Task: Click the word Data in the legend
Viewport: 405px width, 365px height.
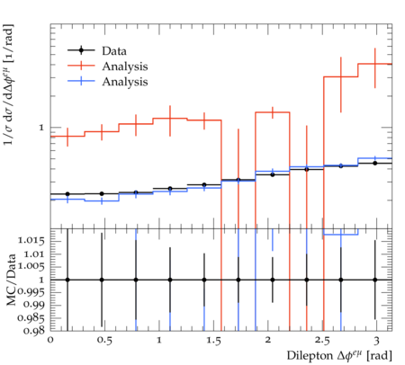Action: click(x=114, y=51)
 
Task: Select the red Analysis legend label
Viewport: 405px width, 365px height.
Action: click(x=125, y=67)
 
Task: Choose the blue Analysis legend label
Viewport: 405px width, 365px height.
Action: click(x=125, y=82)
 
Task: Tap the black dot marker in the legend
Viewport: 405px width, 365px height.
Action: click(x=81, y=50)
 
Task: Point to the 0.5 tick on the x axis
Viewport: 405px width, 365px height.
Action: click(x=104, y=341)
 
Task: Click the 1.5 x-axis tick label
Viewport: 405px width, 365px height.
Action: click(x=213, y=341)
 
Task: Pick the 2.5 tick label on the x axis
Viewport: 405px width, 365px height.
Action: click(x=322, y=341)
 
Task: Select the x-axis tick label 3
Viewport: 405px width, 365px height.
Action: click(x=376, y=341)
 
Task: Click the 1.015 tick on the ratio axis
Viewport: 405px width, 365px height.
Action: click(x=31, y=241)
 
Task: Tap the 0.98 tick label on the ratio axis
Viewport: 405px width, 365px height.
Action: click(x=33, y=331)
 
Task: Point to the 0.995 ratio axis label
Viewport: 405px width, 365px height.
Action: click(x=31, y=291)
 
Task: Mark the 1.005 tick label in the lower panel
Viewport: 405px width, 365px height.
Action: click(x=31, y=266)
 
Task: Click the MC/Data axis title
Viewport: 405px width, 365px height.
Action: click(x=11, y=280)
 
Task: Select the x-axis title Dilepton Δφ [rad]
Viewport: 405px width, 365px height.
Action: click(x=339, y=356)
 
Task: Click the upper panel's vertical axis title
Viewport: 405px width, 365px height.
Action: click(x=8, y=85)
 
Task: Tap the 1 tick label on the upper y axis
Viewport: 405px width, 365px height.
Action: click(x=41, y=128)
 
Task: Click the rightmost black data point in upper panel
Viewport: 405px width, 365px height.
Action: click(x=374, y=163)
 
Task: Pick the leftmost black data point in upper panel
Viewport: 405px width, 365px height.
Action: click(x=67, y=194)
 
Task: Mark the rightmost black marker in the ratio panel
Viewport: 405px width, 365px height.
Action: click(x=374, y=280)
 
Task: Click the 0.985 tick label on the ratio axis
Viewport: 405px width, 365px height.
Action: click(x=31, y=317)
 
